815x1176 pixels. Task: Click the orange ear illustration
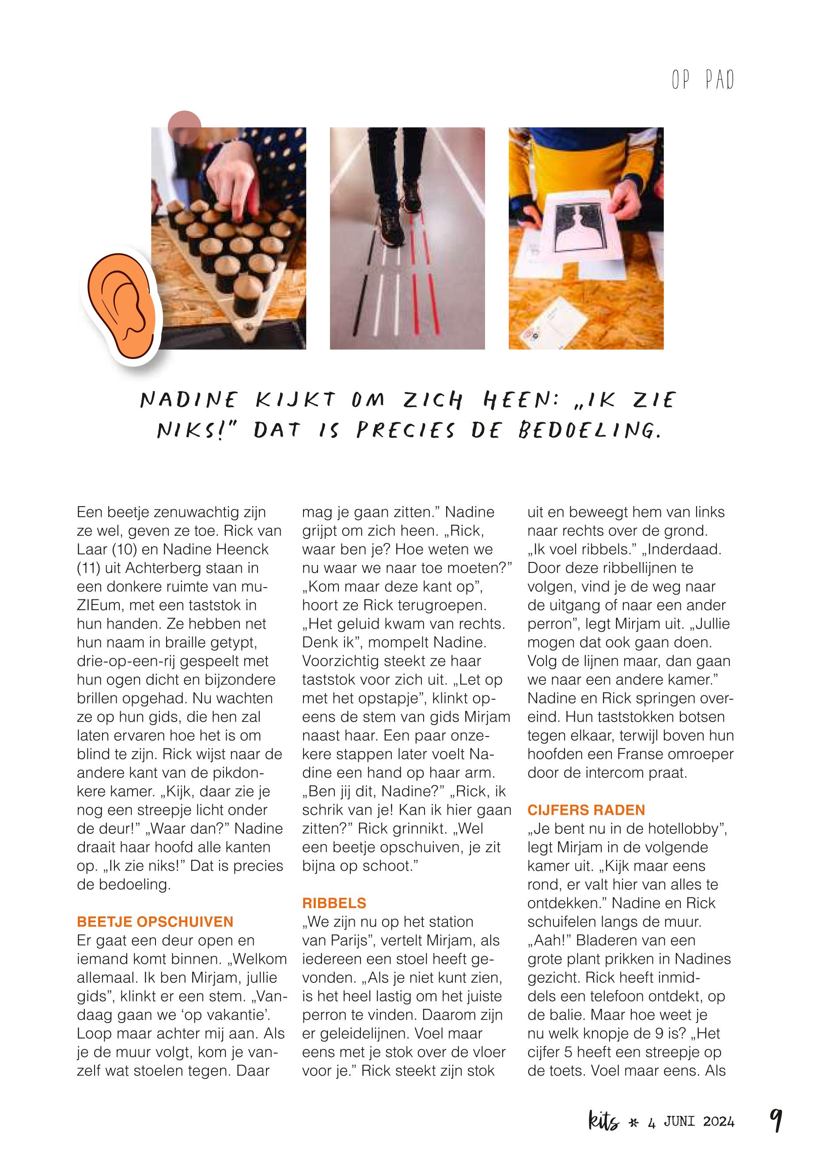(121, 309)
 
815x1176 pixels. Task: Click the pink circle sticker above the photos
(184, 127)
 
